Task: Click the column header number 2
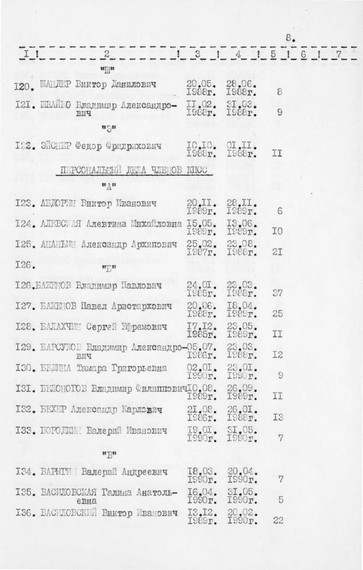pyautogui.click(x=106, y=53)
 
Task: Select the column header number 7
pyautogui.click(x=339, y=53)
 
